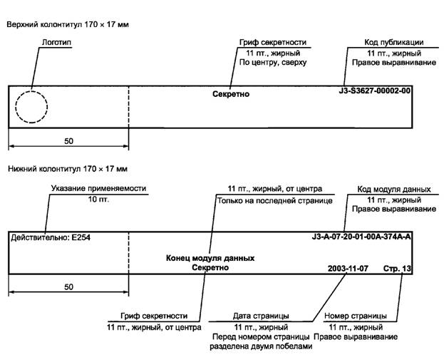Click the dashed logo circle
coord(31,107)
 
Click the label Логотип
coord(57,43)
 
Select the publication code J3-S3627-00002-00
coord(375,91)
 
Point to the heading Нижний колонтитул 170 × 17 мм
coord(67,169)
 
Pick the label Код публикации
coord(394,43)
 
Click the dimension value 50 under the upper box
coord(68,141)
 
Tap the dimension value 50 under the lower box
coord(68,286)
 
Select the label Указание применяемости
coord(98,189)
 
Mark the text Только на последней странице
coord(274,201)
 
